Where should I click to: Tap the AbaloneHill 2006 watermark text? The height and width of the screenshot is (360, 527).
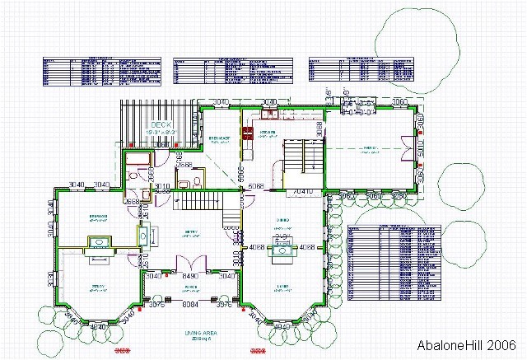pos(467,345)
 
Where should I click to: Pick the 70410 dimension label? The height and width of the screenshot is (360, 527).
pos(304,192)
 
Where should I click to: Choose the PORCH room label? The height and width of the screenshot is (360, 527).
pos(191,288)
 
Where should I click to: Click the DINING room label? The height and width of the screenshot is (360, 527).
pos(282,220)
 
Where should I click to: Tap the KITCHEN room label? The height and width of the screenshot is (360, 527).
pos(267,132)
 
